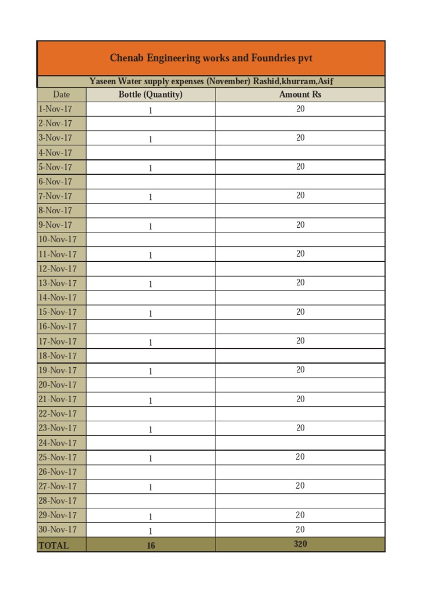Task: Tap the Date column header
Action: pyautogui.click(x=61, y=95)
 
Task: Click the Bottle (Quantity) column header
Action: pyautogui.click(x=150, y=95)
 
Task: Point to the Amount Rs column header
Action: pyautogui.click(x=300, y=95)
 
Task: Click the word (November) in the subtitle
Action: pyautogui.click(x=228, y=81)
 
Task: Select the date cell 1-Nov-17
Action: pyautogui.click(x=55, y=109)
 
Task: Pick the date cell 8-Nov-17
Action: pyautogui.click(x=55, y=210)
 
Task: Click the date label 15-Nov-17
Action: pyautogui.click(x=58, y=312)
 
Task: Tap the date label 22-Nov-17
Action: pyautogui.click(x=58, y=414)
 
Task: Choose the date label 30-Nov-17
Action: pyautogui.click(x=58, y=530)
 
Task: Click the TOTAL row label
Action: pyautogui.click(x=54, y=545)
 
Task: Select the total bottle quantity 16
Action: pyautogui.click(x=151, y=546)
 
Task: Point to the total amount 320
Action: pyautogui.click(x=300, y=544)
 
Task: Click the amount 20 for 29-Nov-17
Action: pyautogui.click(x=300, y=515)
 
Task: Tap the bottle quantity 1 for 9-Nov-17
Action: pyautogui.click(x=150, y=226)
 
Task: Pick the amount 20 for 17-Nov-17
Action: pyautogui.click(x=300, y=340)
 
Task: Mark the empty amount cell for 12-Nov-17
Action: pyautogui.click(x=300, y=268)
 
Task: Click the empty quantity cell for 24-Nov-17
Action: pyautogui.click(x=150, y=443)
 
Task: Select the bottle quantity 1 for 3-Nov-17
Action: pyautogui.click(x=150, y=139)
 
